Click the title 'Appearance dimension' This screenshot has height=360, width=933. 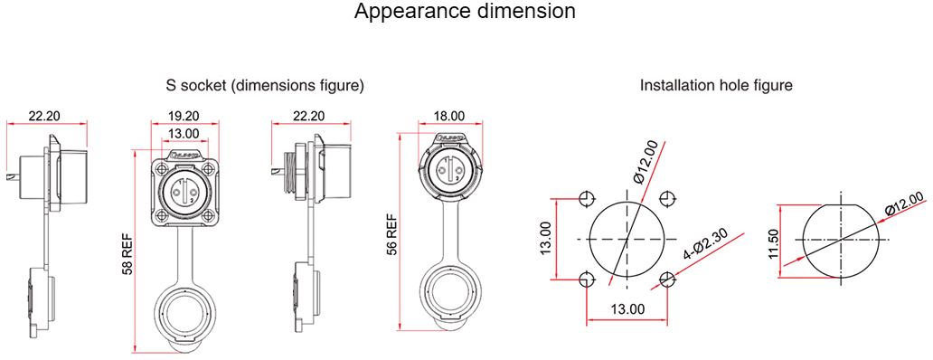[x=465, y=11]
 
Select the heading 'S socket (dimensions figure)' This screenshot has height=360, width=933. [x=265, y=86]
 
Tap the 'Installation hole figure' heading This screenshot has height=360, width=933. [x=716, y=86]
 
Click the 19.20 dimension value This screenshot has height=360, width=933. [x=184, y=116]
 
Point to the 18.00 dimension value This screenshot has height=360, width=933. [x=449, y=116]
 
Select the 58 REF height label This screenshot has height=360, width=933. [x=127, y=253]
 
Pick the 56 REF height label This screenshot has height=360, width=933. [x=391, y=234]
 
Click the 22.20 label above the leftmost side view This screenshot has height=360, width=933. [x=44, y=116]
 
